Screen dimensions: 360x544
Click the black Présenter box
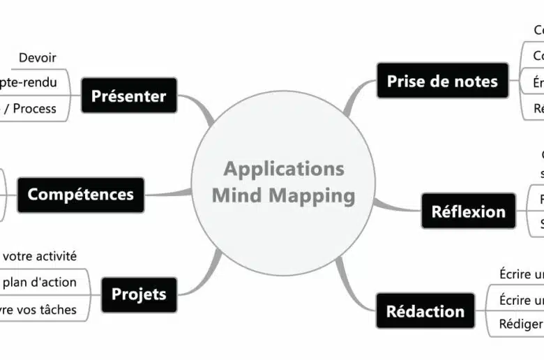129,96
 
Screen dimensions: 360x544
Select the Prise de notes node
442,81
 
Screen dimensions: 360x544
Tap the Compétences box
80,194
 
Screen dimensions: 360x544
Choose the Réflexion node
468,211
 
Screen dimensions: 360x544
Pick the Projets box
139,294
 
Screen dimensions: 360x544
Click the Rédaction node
425,310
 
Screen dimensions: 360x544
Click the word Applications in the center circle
284,169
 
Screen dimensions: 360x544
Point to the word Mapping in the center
313,195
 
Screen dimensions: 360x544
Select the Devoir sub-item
38,58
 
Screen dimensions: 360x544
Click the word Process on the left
35,108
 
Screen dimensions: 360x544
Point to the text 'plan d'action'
40,282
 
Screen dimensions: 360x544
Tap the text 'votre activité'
40,256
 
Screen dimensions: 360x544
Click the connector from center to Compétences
167,193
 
